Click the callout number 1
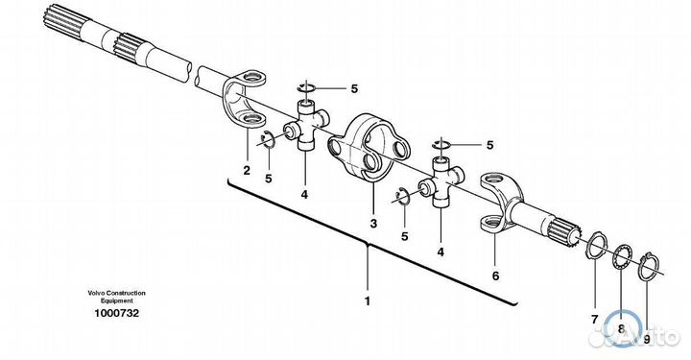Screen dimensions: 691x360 pos(367,301)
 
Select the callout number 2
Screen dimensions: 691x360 pos(247,170)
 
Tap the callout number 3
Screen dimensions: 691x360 pos(373,224)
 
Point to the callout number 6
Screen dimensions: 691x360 pos(496,276)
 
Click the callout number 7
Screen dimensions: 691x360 pos(594,320)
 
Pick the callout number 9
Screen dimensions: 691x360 pos(647,339)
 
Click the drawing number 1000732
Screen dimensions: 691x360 pos(116,313)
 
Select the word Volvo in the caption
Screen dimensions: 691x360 pos(95,293)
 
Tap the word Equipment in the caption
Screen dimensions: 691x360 pos(116,300)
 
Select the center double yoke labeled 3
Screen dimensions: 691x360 pos(369,148)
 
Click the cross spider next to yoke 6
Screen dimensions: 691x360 pos(441,181)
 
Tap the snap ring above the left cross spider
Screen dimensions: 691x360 pos(306,87)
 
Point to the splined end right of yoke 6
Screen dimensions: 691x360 pos(563,231)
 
